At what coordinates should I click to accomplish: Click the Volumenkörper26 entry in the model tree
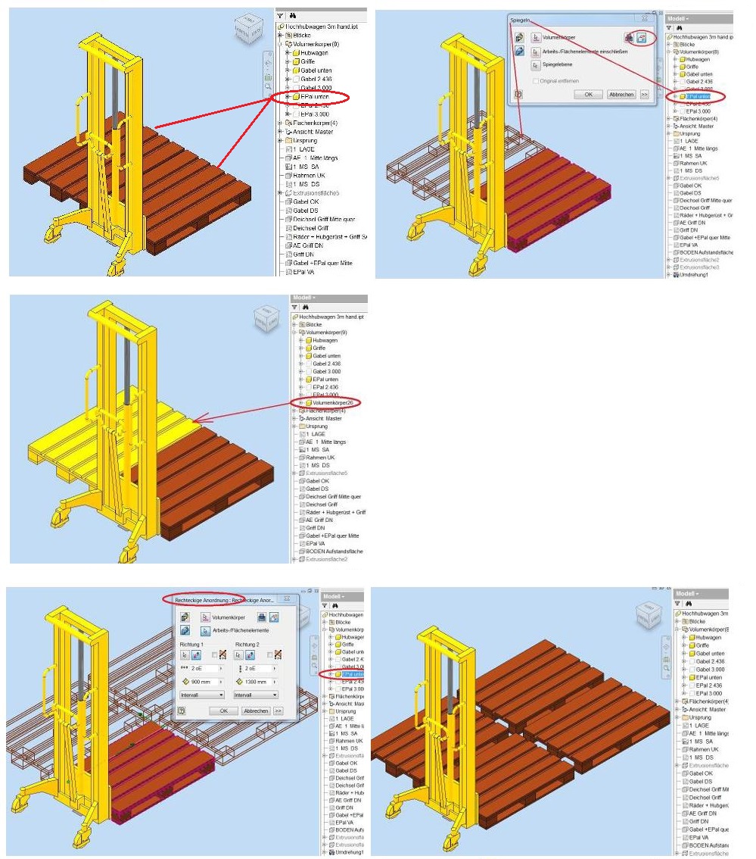[x=334, y=402]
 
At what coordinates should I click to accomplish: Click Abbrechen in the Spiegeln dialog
[x=622, y=95]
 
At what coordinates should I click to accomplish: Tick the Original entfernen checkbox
[x=536, y=80]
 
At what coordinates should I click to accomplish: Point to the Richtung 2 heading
[x=248, y=644]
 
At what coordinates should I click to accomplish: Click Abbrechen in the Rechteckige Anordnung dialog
[x=255, y=711]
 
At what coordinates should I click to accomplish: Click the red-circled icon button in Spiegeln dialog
[x=642, y=37]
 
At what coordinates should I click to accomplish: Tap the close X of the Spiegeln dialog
[x=644, y=17]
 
